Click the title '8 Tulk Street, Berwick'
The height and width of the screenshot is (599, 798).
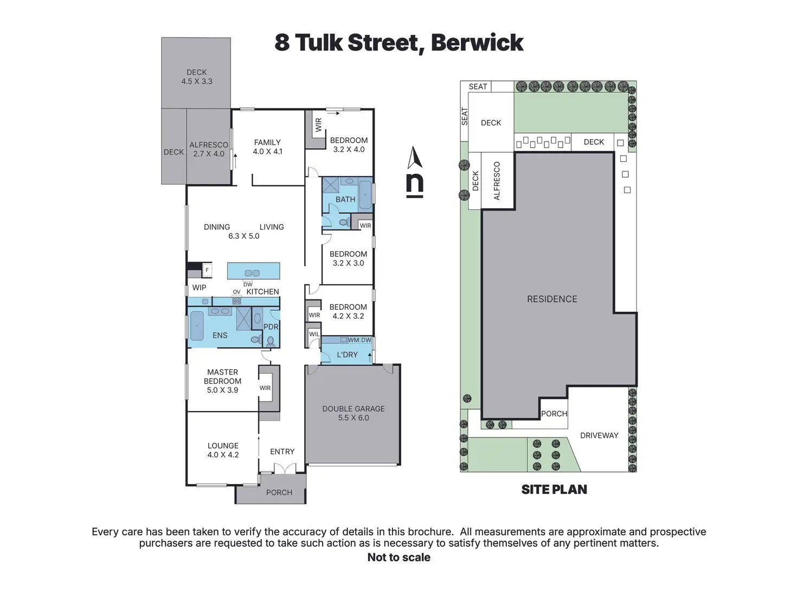point(398,43)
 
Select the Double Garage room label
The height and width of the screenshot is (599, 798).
point(353,413)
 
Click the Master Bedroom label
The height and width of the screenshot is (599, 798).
point(222,381)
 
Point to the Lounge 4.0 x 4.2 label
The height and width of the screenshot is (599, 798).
point(223,450)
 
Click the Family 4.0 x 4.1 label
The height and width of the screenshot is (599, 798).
point(267,147)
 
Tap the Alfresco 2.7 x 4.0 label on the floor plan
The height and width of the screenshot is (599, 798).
point(209,149)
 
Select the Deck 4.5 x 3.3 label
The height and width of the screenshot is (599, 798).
point(197,77)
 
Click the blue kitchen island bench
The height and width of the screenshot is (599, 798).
point(253,271)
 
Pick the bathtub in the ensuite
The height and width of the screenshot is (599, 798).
point(197,326)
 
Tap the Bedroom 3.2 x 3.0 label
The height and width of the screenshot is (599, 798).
point(348,258)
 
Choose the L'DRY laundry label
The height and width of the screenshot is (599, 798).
point(347,355)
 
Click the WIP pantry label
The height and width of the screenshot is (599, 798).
point(199,288)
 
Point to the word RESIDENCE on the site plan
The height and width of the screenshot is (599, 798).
point(552,299)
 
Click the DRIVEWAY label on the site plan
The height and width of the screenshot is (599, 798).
point(599,435)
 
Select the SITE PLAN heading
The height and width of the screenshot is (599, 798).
point(554,489)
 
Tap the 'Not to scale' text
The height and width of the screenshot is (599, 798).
point(398,557)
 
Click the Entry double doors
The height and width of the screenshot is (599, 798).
point(285,468)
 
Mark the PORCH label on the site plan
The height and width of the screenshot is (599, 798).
point(554,413)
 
